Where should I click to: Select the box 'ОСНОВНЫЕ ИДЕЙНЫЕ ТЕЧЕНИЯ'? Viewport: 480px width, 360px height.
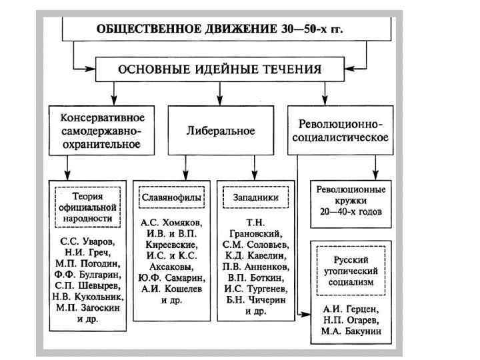(x=220, y=69)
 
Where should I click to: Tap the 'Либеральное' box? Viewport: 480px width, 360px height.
(x=220, y=131)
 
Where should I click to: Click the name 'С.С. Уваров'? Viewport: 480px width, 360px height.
(x=88, y=240)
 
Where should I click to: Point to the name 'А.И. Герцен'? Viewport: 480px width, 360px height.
(x=351, y=309)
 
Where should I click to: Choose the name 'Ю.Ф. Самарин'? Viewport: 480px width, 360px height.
(x=172, y=277)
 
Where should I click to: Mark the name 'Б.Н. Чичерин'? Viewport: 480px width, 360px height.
(x=255, y=299)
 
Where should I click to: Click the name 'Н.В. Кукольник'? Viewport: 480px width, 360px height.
(x=88, y=295)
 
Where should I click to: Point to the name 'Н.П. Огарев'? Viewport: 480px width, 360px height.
(x=351, y=321)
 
